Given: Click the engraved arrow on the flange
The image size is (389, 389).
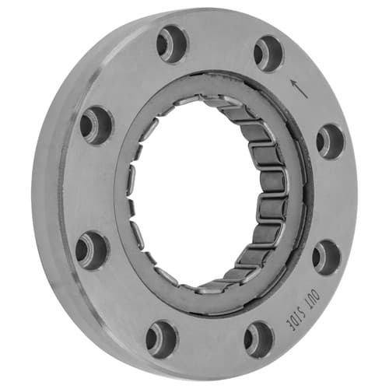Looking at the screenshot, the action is (300, 89).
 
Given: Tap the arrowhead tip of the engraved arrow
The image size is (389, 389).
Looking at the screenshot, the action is (292, 80).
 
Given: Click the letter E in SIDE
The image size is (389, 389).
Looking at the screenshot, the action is (289, 321).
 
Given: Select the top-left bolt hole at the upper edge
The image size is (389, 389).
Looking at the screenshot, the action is (171, 44).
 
